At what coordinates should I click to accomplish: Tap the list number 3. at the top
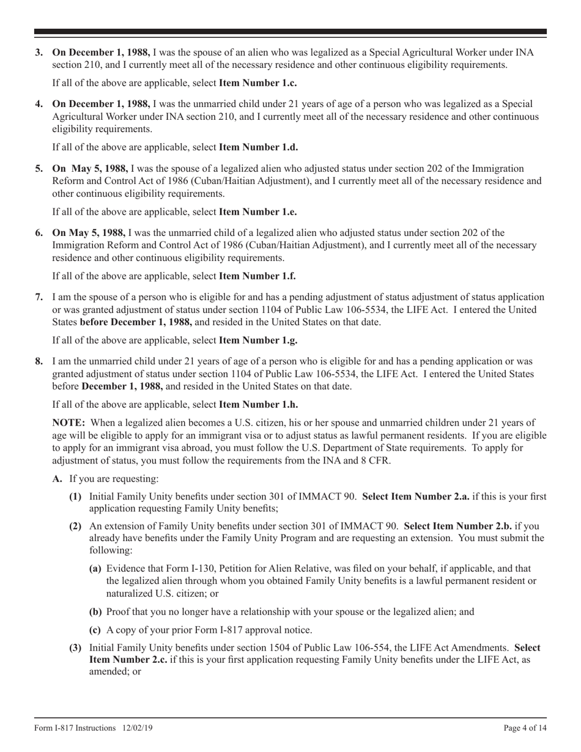(x=39, y=53)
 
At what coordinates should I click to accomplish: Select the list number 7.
(x=39, y=298)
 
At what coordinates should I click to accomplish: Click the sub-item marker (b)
(x=95, y=612)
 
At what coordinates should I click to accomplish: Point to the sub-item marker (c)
(x=95, y=630)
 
